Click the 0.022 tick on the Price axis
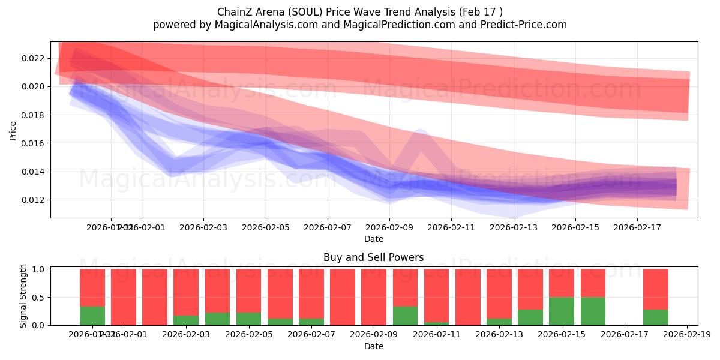pyautogui.click(x=32, y=58)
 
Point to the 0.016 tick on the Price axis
pyautogui.click(x=32, y=143)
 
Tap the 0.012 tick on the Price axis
pyautogui.click(x=32, y=200)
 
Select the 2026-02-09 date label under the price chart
pyautogui.click(x=389, y=227)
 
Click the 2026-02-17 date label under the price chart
pyautogui.click(x=637, y=227)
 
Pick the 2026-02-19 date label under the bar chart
pyautogui.click(x=686, y=335)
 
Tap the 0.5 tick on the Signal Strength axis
pyautogui.click(x=38, y=298)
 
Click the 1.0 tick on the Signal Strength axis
pyautogui.click(x=38, y=269)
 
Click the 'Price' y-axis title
pyautogui.click(x=13, y=130)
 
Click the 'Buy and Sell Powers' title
pyautogui.click(x=373, y=257)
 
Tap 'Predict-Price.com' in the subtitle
pyautogui.click(x=526, y=25)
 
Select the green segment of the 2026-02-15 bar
pyautogui.click(x=562, y=311)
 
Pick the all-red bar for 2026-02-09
pyautogui.click(x=374, y=297)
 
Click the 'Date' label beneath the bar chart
pyautogui.click(x=373, y=346)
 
